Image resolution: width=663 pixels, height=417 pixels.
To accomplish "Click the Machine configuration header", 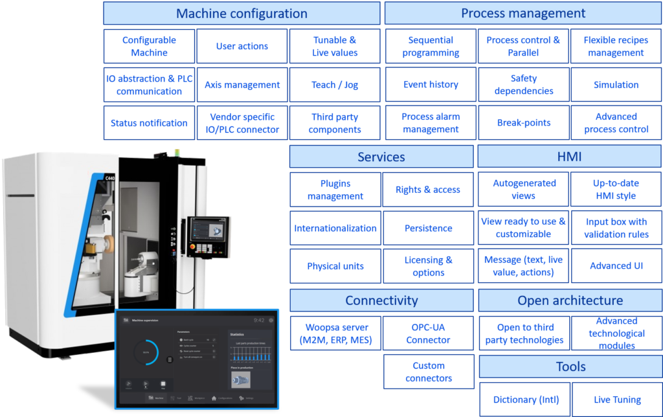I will (x=242, y=13).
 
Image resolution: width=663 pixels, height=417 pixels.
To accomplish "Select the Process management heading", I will (x=523, y=13).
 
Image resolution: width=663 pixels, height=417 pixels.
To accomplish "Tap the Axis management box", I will (x=242, y=85).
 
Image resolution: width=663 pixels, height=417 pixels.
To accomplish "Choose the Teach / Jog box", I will (x=334, y=85).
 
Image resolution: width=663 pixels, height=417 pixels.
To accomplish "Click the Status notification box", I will (x=149, y=123).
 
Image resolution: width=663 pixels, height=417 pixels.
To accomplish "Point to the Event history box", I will (x=431, y=85).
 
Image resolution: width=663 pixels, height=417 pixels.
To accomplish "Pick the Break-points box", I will (x=524, y=123).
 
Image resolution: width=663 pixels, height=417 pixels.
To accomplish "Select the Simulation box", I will (x=616, y=85).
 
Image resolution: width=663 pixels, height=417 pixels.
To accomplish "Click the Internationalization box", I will (x=335, y=228).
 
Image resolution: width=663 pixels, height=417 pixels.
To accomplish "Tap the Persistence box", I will (x=428, y=228).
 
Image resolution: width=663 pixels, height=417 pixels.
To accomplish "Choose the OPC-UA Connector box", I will (x=428, y=333).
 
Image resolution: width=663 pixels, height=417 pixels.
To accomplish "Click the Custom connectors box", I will (x=428, y=372).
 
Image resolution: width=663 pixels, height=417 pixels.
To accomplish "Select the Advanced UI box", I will (x=616, y=266).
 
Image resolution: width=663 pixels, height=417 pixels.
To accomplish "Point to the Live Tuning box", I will (x=617, y=400).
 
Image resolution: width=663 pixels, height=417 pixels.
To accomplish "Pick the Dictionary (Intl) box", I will (x=526, y=400).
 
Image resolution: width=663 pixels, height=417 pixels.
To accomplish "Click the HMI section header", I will (x=570, y=157).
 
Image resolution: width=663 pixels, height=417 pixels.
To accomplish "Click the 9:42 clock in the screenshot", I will (x=259, y=320).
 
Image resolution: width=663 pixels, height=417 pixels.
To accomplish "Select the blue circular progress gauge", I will (x=147, y=352).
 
